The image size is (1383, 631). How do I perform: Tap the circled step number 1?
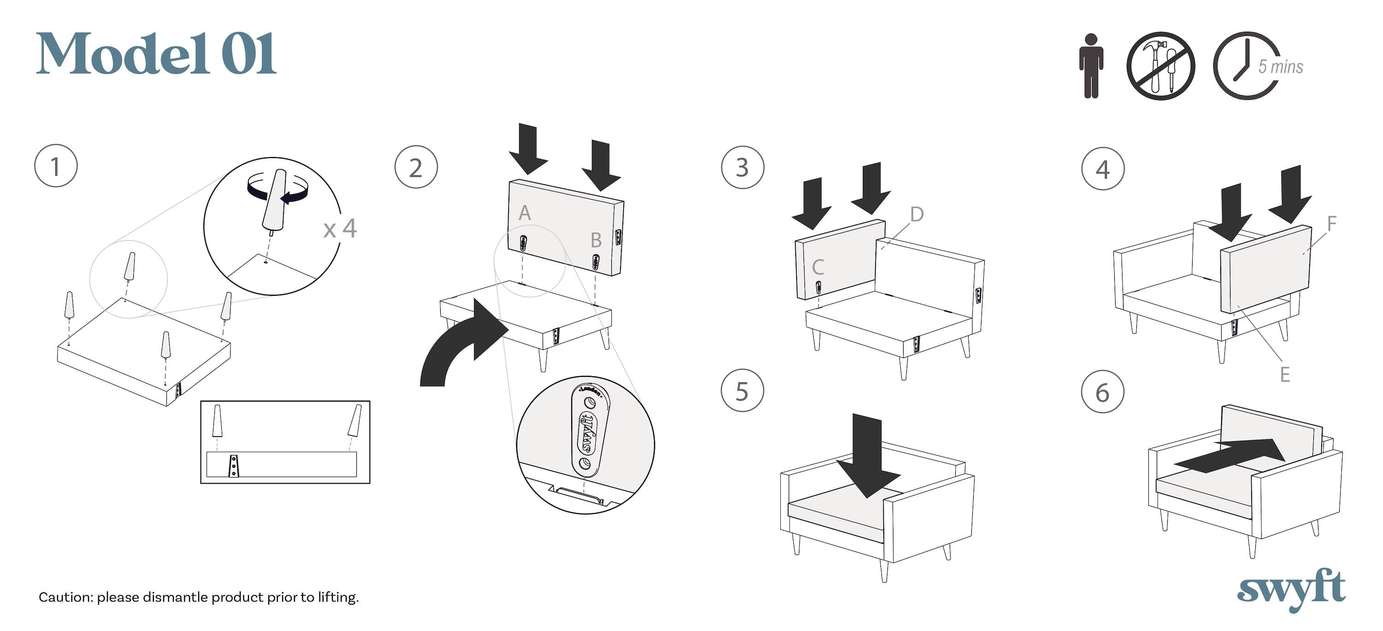(x=55, y=166)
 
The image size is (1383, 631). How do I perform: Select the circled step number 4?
(x=1102, y=169)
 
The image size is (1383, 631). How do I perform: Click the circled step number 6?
(x=1102, y=392)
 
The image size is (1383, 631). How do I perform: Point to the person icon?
(x=1091, y=65)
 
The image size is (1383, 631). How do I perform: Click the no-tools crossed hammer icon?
(x=1160, y=65)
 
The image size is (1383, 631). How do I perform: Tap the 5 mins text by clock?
(x=1281, y=66)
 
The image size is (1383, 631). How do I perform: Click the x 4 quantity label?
(x=340, y=228)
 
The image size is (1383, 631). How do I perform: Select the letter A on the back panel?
(x=525, y=213)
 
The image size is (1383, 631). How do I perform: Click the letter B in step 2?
(x=596, y=240)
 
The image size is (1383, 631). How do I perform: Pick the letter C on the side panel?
(x=818, y=267)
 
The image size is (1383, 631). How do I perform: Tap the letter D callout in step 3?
(x=917, y=214)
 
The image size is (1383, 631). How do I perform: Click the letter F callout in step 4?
(x=1331, y=223)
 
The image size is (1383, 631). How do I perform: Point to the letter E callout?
(x=1285, y=374)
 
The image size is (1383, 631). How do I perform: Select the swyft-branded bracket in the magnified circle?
(x=587, y=429)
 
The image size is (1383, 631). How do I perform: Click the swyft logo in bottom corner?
(x=1291, y=590)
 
